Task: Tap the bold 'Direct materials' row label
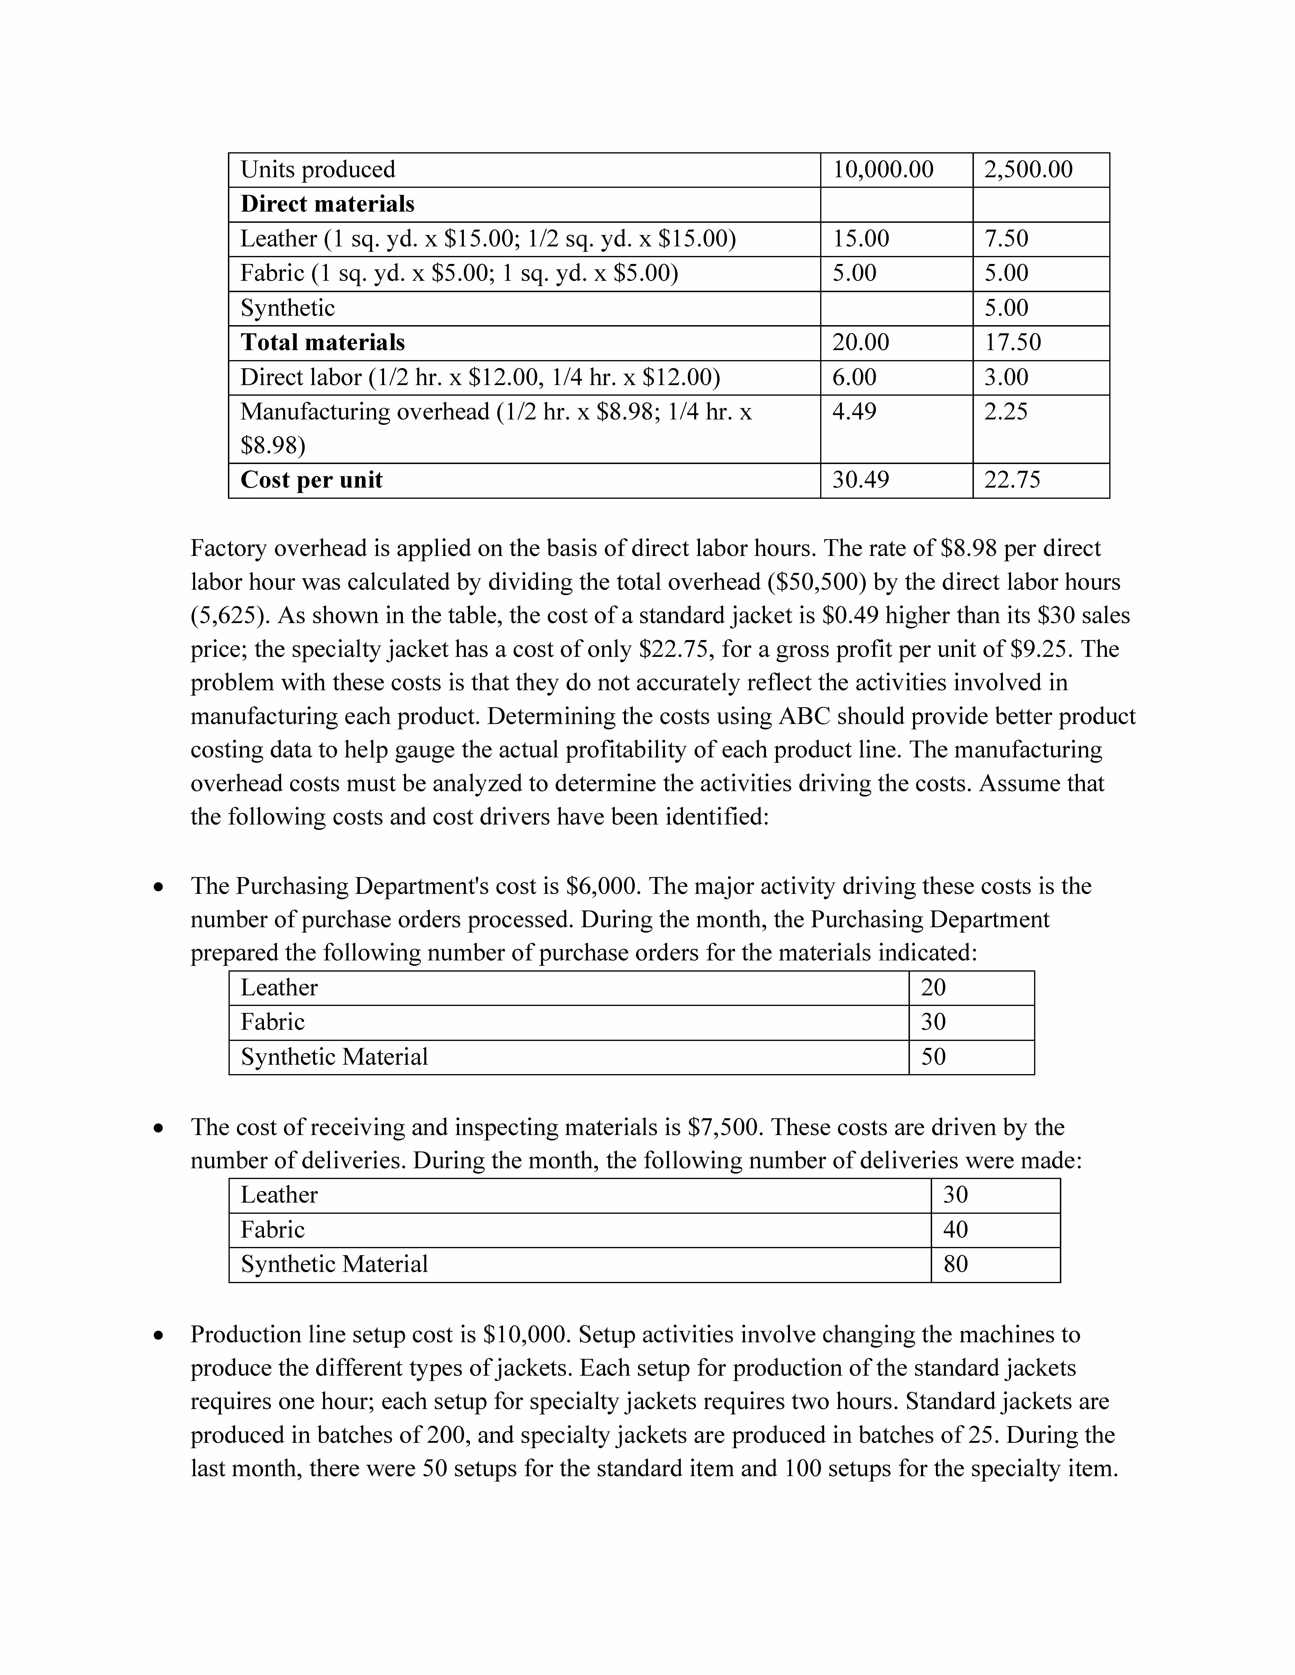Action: point(327,204)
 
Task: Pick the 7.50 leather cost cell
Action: point(1006,239)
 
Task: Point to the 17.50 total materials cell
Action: point(1013,342)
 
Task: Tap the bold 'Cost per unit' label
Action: point(312,480)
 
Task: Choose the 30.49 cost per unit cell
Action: point(861,480)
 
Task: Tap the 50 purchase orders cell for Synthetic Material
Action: point(934,1057)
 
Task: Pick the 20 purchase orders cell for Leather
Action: point(934,988)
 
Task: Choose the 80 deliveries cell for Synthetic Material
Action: point(956,1264)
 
